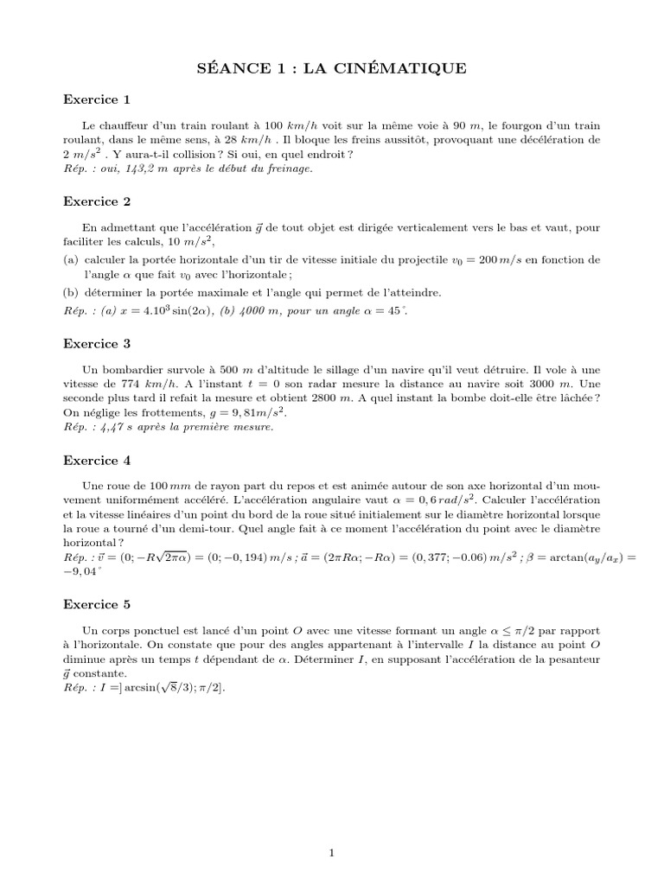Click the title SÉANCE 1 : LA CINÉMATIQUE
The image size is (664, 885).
tap(332, 68)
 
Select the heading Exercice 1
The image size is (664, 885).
tap(97, 99)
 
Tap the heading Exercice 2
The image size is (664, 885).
tap(97, 201)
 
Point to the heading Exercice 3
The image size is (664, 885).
tap(97, 343)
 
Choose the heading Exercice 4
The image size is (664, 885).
tap(97, 461)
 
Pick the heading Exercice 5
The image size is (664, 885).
tap(97, 603)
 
